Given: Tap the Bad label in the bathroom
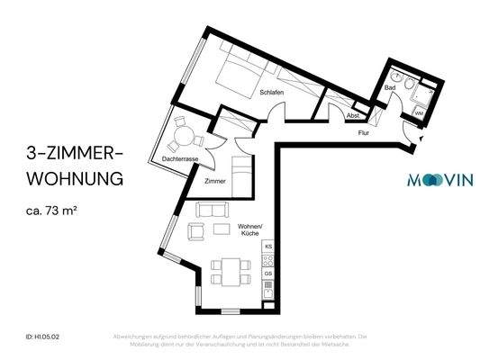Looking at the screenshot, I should coord(390,88).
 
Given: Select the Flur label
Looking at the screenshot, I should coord(363,132).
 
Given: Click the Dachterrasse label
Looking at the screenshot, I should coord(180,158).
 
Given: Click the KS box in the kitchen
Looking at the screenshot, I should coord(267,246).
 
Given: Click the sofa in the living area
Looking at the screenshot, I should coord(213,211).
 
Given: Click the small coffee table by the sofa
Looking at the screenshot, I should coord(222,229).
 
